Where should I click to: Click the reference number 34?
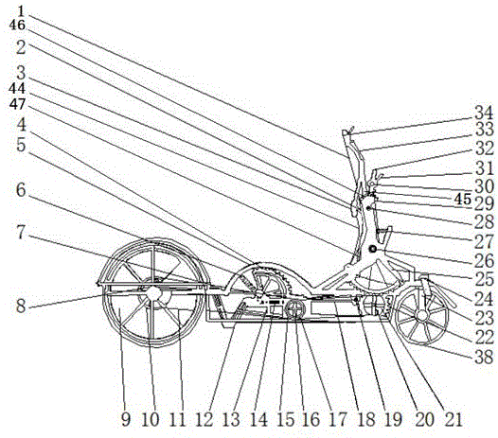(x=484, y=114)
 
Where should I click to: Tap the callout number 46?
(x=17, y=25)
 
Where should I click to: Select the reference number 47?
(x=17, y=103)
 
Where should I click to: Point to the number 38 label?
(x=484, y=358)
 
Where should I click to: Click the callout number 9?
(x=126, y=420)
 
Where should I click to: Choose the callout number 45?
(x=462, y=200)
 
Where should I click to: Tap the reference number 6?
(x=21, y=190)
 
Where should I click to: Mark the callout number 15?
(x=286, y=420)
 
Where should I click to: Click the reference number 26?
(x=484, y=260)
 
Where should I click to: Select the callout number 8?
(x=21, y=307)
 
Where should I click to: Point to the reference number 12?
(x=204, y=420)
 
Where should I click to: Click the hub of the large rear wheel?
(x=153, y=293)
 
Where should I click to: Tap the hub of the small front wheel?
(x=422, y=315)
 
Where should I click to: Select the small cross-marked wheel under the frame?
(x=295, y=308)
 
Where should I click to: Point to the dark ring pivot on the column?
(x=372, y=250)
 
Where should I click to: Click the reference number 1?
(x=20, y=11)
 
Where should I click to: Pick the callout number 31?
(x=484, y=168)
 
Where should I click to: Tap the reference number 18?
(x=365, y=420)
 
